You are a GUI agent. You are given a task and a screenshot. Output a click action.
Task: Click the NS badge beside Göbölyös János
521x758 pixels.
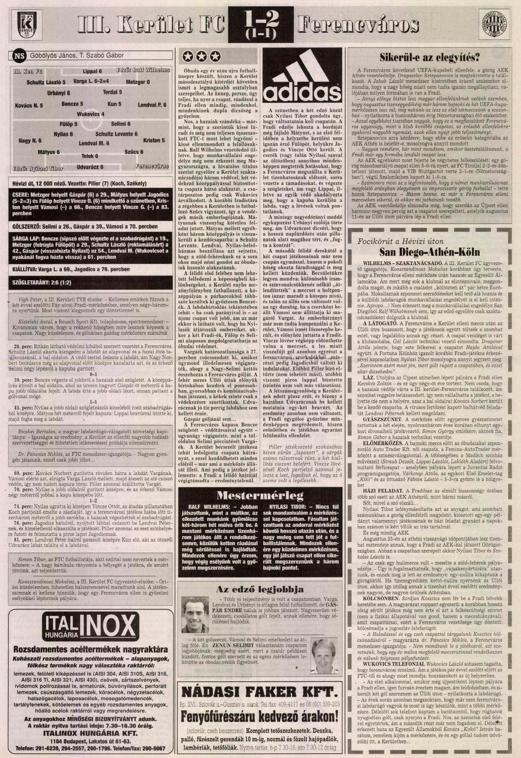(x=19, y=56)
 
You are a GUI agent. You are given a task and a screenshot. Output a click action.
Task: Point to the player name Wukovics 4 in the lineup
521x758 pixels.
(x=91, y=114)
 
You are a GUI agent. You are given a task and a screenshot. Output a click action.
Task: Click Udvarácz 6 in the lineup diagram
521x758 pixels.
(x=90, y=167)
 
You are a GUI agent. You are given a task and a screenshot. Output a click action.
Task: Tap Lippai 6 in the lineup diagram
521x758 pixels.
(x=92, y=72)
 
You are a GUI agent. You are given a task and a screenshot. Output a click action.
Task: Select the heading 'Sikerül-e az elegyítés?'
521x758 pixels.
(x=429, y=57)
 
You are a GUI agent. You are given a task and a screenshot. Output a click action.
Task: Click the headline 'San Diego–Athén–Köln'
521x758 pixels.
(x=429, y=252)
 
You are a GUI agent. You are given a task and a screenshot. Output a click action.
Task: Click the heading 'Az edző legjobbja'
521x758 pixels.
(x=259, y=589)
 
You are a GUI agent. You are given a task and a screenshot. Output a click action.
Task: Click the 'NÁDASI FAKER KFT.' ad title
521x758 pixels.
(x=259, y=692)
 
